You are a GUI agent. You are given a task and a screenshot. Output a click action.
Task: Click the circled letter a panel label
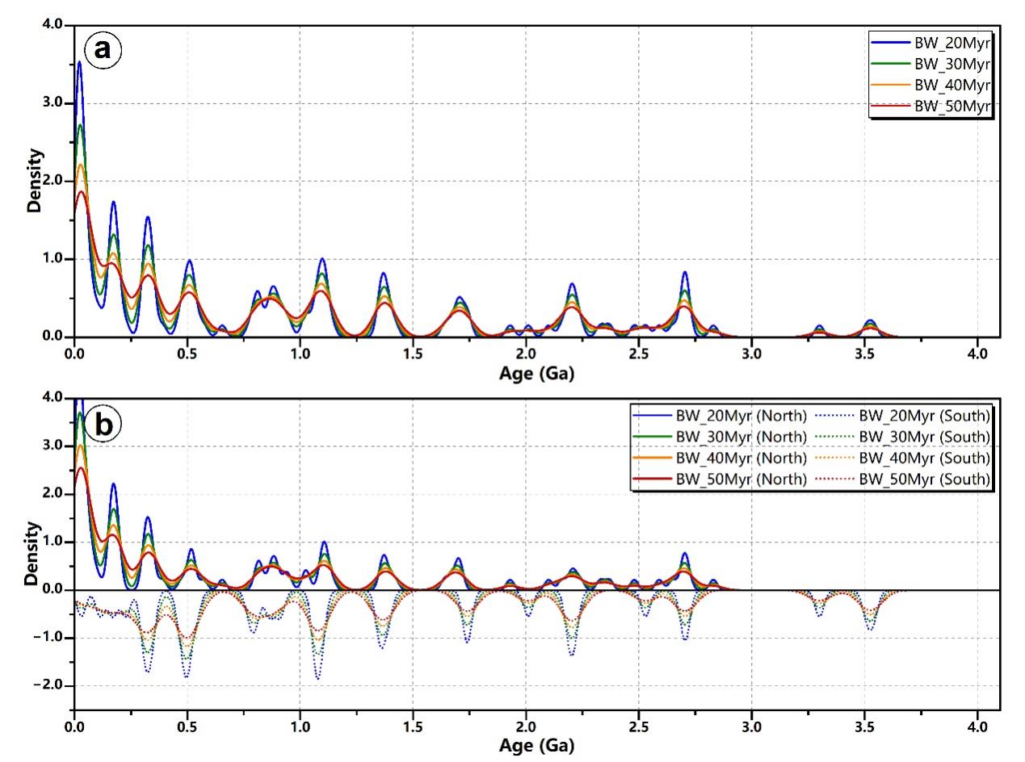point(103,49)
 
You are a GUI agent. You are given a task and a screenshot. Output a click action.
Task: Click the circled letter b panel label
point(104,424)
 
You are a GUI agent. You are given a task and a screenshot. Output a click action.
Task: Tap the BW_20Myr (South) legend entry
point(925,417)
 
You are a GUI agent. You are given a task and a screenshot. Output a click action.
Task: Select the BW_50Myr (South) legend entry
point(925,479)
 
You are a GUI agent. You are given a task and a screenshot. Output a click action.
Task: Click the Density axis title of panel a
point(35,182)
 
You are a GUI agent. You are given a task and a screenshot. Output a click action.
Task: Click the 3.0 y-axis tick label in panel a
point(51,103)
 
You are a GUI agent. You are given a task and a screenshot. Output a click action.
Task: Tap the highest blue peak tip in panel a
point(79,61)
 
